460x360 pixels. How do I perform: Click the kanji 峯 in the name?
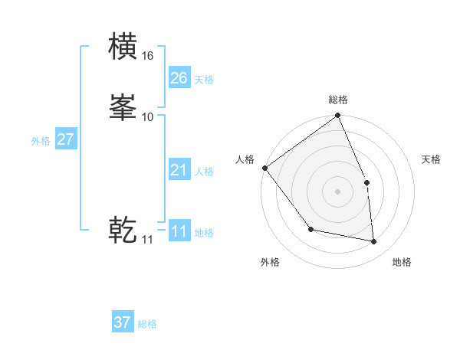click(x=123, y=107)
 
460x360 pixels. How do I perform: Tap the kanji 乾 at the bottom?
click(x=123, y=230)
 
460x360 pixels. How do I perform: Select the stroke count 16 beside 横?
click(x=148, y=56)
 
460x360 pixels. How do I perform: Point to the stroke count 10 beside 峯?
click(x=148, y=116)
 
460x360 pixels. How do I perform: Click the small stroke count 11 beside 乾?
click(x=147, y=240)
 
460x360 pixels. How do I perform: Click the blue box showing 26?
click(x=179, y=77)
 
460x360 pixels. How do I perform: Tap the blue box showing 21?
click(x=179, y=170)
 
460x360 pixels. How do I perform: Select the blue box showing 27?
click(x=65, y=139)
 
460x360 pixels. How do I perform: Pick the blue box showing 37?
click(x=123, y=322)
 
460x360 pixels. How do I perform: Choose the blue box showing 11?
click(x=179, y=231)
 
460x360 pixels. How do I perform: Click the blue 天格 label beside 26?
click(x=203, y=80)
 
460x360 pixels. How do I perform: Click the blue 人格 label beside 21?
click(x=203, y=172)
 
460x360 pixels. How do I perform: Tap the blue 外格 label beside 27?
click(x=41, y=141)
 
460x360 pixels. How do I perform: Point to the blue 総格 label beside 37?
click(x=147, y=324)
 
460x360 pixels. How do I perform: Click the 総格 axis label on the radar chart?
click(x=338, y=100)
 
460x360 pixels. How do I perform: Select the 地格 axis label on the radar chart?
click(x=402, y=263)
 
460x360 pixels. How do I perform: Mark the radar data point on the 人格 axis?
click(x=264, y=168)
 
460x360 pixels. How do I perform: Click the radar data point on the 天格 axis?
click(x=366, y=182)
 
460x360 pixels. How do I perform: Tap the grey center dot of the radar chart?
click(x=338, y=191)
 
